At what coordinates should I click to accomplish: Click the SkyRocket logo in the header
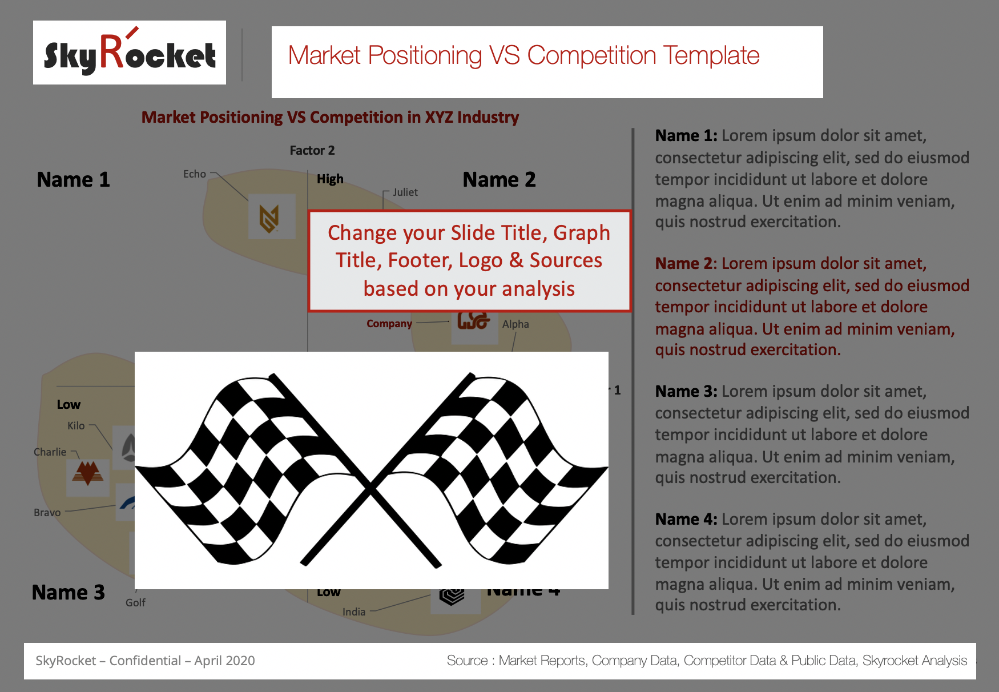click(x=130, y=53)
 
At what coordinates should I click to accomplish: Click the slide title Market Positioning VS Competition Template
click(x=523, y=56)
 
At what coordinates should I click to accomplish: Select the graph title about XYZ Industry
click(x=330, y=117)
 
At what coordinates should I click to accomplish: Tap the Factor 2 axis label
click(x=312, y=150)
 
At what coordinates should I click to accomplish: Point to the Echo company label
click(x=195, y=174)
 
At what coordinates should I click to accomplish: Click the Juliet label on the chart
click(x=405, y=192)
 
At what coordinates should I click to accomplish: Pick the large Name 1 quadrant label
click(x=73, y=180)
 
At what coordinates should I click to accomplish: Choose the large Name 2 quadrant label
click(x=499, y=180)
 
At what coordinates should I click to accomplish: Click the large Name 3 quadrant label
click(x=69, y=593)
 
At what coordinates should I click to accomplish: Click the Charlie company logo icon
click(x=87, y=473)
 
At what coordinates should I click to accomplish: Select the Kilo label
click(x=76, y=425)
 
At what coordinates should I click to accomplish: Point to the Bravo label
click(x=47, y=512)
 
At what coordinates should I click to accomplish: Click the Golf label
click(x=135, y=602)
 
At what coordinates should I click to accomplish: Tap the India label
click(x=354, y=611)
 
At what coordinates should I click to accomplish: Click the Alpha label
click(x=515, y=324)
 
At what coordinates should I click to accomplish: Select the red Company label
click(x=389, y=324)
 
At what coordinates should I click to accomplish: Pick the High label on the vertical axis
click(x=330, y=179)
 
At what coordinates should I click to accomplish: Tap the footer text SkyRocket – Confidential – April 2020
click(x=145, y=661)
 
